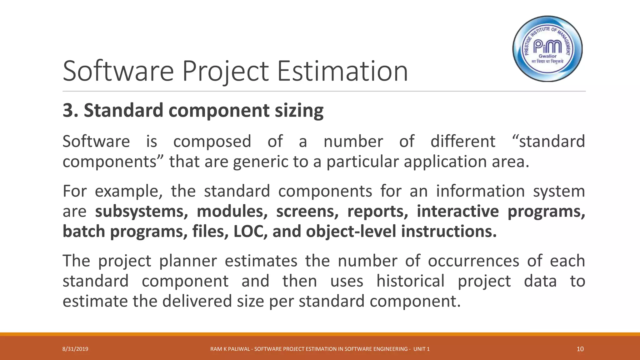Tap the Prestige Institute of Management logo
click(547, 49)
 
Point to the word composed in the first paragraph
click(212, 141)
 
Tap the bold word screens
click(307, 212)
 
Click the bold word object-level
click(351, 232)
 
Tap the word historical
click(410, 281)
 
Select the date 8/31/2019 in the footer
click(75, 349)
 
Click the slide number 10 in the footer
click(580, 349)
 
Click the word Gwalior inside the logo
click(547, 56)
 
